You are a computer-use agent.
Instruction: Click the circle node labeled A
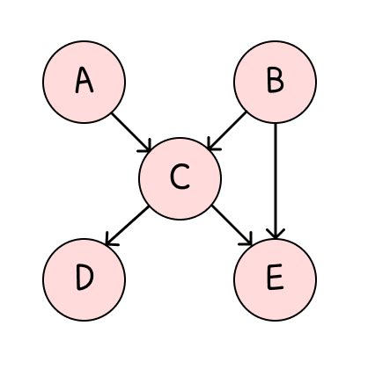click(x=85, y=82)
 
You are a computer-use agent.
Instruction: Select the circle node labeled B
click(x=275, y=82)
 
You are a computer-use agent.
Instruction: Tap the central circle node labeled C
click(x=180, y=177)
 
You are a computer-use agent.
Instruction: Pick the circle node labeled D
click(x=85, y=278)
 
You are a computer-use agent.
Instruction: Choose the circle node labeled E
click(x=275, y=278)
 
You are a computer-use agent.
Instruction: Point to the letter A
click(x=85, y=82)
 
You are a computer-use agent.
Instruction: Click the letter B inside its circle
click(x=275, y=83)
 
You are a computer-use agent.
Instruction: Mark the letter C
click(x=180, y=178)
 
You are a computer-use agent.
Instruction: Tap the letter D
click(x=85, y=279)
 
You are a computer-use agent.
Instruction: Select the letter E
click(x=275, y=279)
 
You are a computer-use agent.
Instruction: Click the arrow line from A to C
click(x=133, y=130)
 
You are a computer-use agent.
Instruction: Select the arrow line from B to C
click(x=227, y=129)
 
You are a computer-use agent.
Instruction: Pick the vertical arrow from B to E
click(x=276, y=176)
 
